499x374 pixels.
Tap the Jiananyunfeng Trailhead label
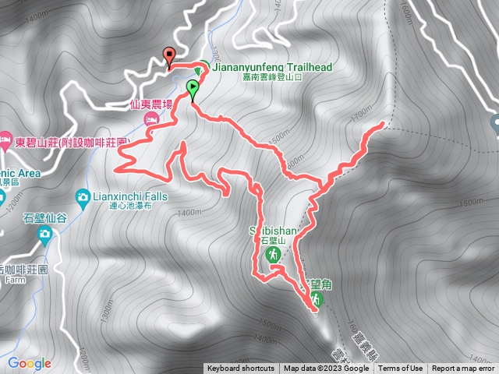(271, 68)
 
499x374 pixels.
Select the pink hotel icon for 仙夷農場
(152, 118)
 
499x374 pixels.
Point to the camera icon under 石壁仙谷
(44, 233)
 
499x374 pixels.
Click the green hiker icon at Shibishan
(274, 255)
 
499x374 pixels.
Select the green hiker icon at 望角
(317, 298)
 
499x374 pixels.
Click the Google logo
(29, 362)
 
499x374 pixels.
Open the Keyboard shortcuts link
(240, 369)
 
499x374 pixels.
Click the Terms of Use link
(401, 369)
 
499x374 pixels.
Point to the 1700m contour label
(362, 116)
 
